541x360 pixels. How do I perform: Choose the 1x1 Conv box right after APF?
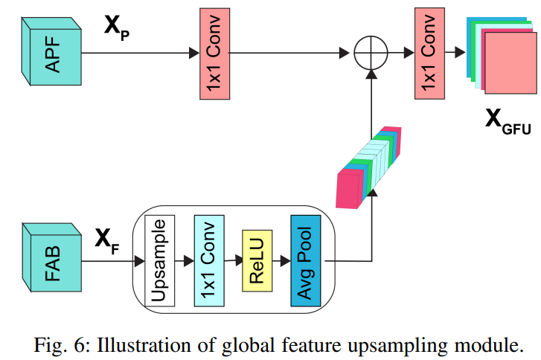[x=212, y=53]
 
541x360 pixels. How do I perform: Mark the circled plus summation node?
[x=370, y=53]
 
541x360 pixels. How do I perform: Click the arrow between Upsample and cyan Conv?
[x=184, y=261]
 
